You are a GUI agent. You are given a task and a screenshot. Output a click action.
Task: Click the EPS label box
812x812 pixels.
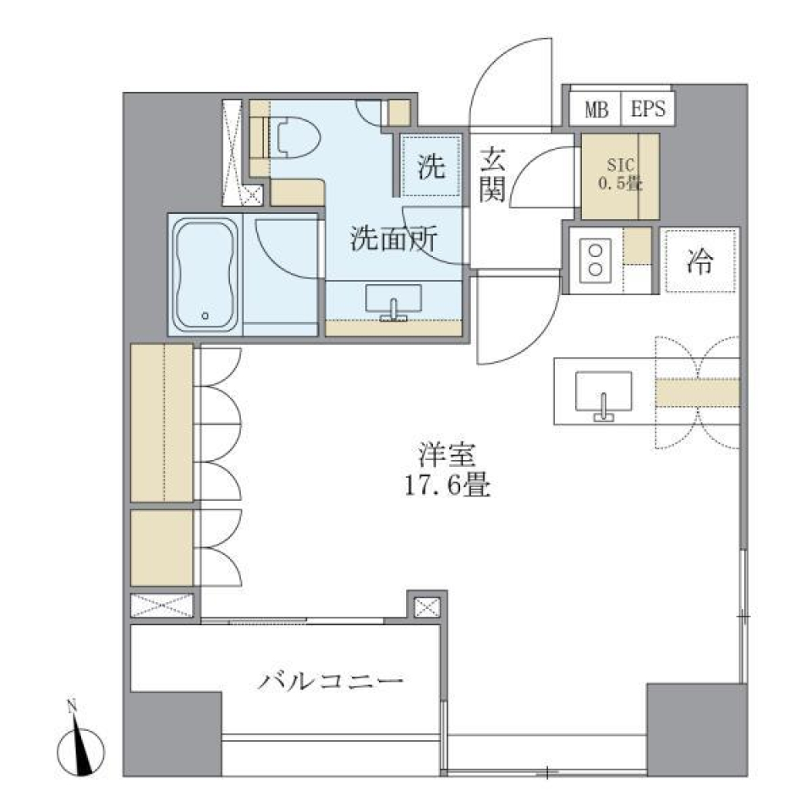(x=648, y=109)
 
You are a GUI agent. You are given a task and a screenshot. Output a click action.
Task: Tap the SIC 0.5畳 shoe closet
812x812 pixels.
(x=619, y=176)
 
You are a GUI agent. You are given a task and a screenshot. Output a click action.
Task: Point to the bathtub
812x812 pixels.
(x=206, y=272)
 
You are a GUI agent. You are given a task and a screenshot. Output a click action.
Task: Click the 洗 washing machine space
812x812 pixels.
(x=431, y=167)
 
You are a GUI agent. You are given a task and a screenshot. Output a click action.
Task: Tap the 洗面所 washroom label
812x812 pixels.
(x=394, y=239)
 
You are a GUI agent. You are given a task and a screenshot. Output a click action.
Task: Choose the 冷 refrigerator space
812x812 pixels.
(x=700, y=262)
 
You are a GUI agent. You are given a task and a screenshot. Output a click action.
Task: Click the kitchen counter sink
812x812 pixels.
(x=603, y=396)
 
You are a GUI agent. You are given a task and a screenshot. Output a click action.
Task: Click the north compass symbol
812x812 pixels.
(x=81, y=747)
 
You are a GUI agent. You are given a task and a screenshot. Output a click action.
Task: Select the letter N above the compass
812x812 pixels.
(x=73, y=705)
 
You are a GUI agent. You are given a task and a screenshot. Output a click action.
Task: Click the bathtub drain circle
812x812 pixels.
(x=206, y=316)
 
